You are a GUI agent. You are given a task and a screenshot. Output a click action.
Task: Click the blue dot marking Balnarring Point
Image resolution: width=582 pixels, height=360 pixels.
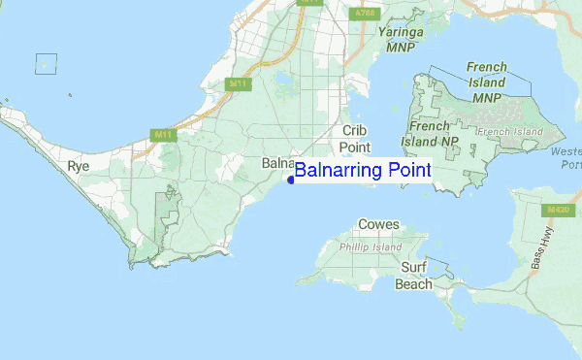point(291,180)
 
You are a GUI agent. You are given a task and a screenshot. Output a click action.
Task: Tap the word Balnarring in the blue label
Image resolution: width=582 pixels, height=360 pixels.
point(339,171)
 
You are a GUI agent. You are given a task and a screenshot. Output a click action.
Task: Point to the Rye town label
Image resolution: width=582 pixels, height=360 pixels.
point(79,167)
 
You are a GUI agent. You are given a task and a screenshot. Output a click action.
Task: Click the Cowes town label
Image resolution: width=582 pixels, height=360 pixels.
point(378,224)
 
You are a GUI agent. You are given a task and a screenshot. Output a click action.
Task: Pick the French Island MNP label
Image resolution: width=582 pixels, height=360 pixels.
point(486,82)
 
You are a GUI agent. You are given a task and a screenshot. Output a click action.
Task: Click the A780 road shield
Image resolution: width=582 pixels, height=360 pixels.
point(364,14)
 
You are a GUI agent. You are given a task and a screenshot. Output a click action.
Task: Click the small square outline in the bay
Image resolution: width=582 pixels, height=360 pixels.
point(45,63)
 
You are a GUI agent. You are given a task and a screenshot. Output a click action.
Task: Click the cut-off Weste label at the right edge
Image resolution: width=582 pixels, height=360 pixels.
point(565,152)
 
